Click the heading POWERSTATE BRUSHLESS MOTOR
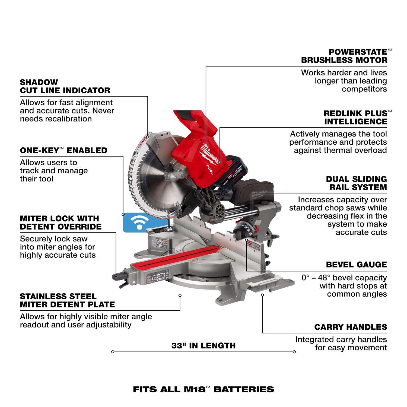pos(344,56)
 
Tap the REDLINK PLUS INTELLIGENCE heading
pos(355,117)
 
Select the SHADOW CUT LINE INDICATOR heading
pos(65,86)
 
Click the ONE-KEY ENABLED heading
pos(63,150)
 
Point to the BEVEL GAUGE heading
pos(356,265)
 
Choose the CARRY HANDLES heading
pos(351,327)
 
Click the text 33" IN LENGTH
pos(203,346)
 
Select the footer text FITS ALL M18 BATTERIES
pos(203,389)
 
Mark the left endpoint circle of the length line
pos(113,352)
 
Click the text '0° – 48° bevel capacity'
pos(344,278)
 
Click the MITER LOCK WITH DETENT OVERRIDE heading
pos(61,222)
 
